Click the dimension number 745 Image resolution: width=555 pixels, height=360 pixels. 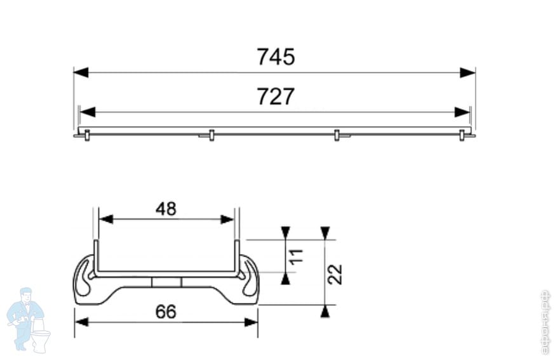pos(276,57)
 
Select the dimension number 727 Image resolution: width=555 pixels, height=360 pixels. pos(276,97)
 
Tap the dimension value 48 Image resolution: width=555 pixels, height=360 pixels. pos(166,208)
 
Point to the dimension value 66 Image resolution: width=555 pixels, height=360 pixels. pos(166,312)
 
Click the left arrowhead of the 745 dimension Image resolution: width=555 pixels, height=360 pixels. pos(81,72)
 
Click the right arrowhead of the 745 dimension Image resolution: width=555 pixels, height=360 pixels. pos(468,72)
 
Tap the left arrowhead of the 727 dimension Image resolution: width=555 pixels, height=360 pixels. pos(88,112)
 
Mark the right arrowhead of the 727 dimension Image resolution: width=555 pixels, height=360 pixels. pos(462,112)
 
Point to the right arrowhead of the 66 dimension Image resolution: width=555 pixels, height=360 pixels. pos(251,322)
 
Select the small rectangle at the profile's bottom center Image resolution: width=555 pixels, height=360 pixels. pos(166,282)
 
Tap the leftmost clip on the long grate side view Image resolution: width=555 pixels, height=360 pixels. pos(87,135)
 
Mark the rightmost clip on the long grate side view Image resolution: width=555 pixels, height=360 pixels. pos(462,135)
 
